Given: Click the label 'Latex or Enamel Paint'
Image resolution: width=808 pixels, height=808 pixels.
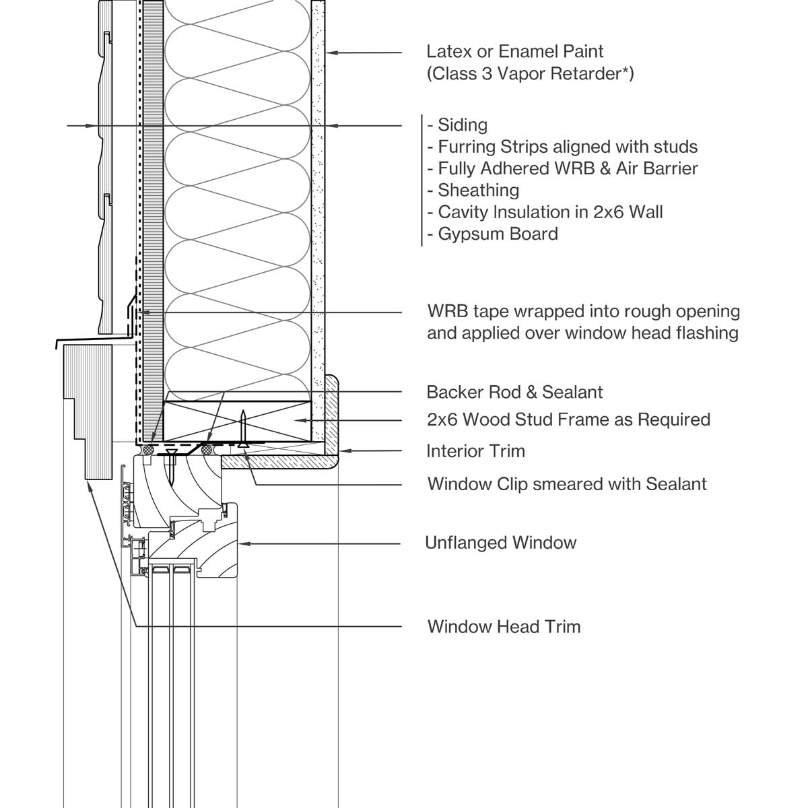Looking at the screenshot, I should click(514, 51).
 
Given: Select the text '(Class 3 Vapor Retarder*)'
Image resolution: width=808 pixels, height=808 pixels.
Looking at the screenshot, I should click(530, 73).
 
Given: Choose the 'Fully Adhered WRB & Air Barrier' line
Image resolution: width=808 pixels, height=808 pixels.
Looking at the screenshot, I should click(562, 168).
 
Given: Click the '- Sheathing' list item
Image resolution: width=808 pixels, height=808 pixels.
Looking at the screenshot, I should click(473, 190).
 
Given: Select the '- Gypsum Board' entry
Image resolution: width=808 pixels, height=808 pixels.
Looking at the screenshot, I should click(492, 234).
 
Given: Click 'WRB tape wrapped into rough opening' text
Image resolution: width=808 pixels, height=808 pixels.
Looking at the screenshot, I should click(583, 312).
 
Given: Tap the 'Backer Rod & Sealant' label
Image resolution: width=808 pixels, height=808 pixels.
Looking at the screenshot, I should click(514, 392).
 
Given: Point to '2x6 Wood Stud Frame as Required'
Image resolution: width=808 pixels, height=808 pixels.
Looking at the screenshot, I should click(568, 419).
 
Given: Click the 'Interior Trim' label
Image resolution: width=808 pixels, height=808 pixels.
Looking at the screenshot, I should click(475, 451).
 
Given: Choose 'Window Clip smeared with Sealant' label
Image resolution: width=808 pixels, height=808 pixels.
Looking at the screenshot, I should click(567, 484).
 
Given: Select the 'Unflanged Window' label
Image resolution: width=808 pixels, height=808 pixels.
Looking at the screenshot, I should click(500, 543).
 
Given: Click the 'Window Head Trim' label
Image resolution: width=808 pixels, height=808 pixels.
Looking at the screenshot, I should click(504, 627).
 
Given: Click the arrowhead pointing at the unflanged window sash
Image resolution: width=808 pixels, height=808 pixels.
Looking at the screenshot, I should click(244, 543).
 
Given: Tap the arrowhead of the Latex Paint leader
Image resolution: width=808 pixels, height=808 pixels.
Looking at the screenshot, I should click(330, 52).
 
